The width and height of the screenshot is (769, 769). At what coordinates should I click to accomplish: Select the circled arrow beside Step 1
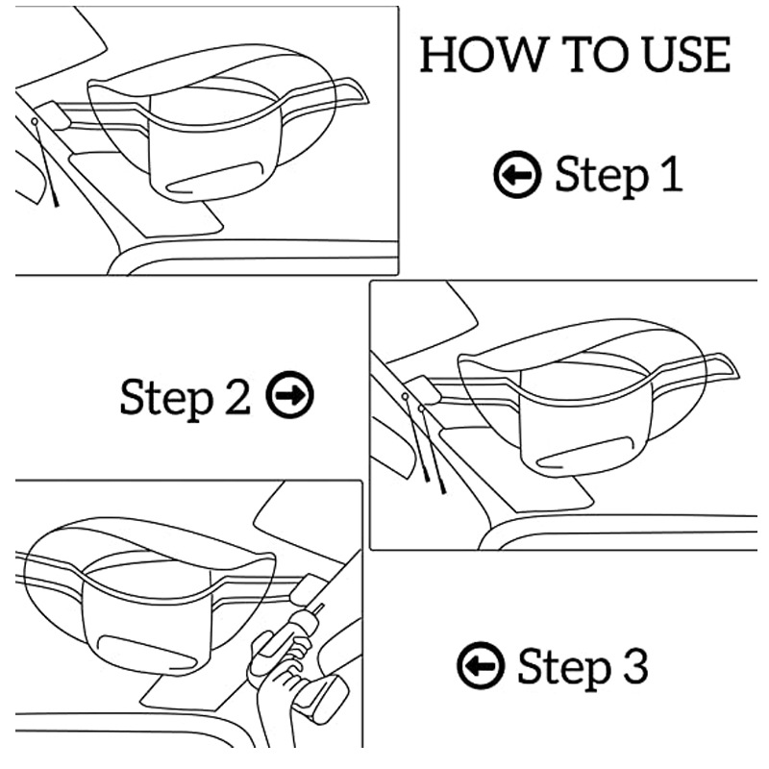click(x=517, y=175)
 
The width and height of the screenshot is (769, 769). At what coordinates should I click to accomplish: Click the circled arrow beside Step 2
click(x=290, y=395)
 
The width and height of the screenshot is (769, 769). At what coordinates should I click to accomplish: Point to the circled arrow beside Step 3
click(x=481, y=665)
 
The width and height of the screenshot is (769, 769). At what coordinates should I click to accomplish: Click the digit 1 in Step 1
click(x=672, y=174)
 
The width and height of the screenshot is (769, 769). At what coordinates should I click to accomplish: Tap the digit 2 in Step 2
click(x=237, y=396)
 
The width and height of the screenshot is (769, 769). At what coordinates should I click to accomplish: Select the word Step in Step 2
click(x=166, y=399)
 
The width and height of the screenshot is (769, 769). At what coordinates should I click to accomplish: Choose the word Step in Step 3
click(x=564, y=668)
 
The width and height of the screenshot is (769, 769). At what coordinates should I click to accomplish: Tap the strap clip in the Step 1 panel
click(x=54, y=115)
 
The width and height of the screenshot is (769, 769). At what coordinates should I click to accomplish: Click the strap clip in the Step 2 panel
click(x=425, y=390)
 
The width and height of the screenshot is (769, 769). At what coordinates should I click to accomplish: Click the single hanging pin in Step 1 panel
click(x=45, y=161)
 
